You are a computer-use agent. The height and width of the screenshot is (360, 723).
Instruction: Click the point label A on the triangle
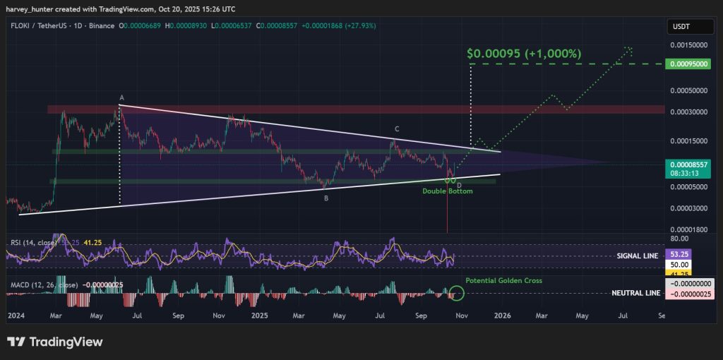121,97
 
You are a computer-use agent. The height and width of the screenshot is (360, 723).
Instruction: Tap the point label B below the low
325,198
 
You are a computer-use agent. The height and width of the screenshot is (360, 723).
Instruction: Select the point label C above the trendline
397,129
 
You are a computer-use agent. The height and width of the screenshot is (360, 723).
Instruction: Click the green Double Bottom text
448,191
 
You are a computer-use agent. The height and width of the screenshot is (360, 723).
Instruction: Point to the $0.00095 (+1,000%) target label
523,54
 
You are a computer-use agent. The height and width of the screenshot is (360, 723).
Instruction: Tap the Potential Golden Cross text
503,281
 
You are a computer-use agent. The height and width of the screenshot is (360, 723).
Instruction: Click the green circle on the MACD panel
456,292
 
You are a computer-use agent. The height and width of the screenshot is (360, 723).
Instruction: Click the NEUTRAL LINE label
635,292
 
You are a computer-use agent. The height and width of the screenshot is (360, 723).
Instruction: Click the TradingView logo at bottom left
55,342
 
